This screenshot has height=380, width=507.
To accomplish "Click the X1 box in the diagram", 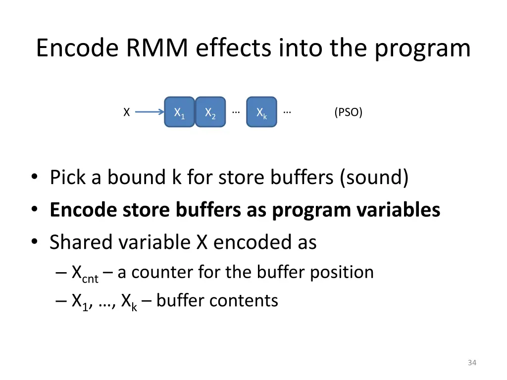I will tap(180, 112).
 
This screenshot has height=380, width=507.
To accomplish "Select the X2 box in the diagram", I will tap(210, 112).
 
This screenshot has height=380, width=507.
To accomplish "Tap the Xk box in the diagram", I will tap(261, 112).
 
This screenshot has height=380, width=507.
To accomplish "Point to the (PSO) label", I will tap(348, 113).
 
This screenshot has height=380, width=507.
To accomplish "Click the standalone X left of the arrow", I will tap(127, 113).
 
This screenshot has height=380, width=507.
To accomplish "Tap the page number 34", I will tap(471, 363).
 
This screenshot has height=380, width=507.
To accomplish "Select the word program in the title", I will tap(422, 48).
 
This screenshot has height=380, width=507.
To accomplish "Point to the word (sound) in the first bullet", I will tap(374, 178).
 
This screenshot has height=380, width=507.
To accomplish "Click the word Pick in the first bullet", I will tap(69, 178).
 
